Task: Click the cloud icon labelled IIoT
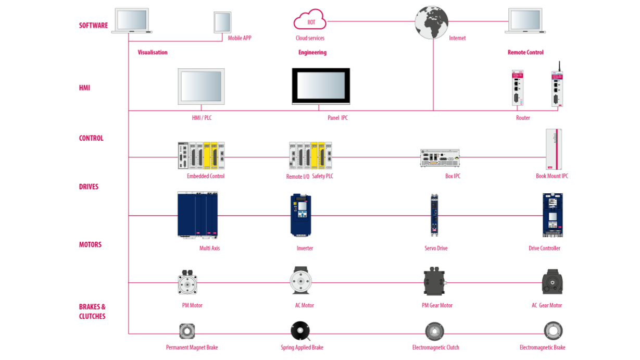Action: click(x=310, y=20)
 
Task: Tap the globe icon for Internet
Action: click(x=431, y=22)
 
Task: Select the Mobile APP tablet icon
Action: click(x=222, y=22)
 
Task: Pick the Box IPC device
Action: click(x=440, y=157)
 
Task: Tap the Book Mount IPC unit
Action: click(x=554, y=150)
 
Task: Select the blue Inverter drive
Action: click(x=301, y=215)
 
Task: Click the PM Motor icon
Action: click(x=187, y=283)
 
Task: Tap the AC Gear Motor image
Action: click(x=552, y=282)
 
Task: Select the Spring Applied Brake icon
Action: click(x=300, y=331)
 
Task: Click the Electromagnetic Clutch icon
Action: click(x=434, y=331)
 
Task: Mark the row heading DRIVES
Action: click(x=89, y=187)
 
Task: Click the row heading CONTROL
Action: click(x=91, y=139)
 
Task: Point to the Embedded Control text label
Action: click(x=206, y=177)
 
